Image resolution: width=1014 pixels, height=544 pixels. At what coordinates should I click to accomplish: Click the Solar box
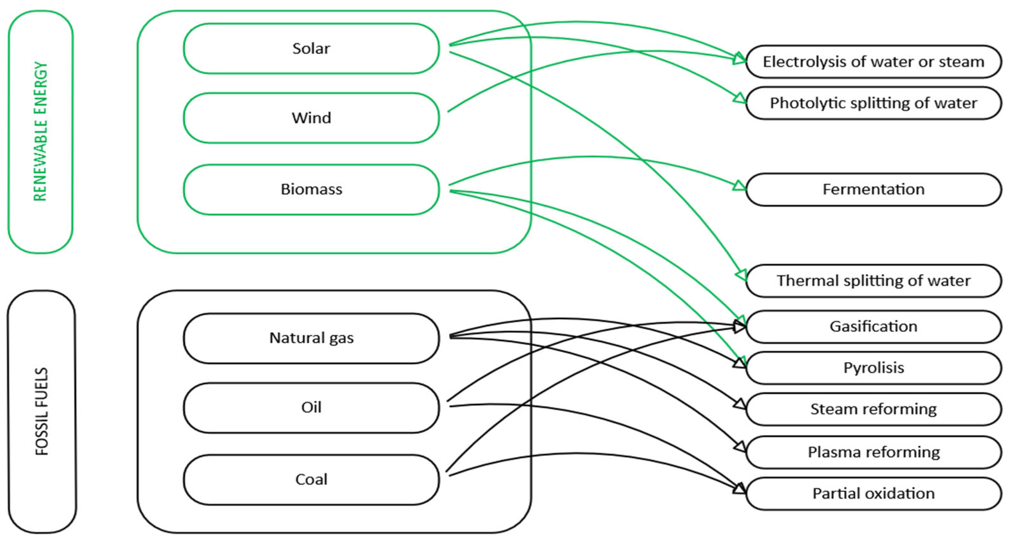(311, 48)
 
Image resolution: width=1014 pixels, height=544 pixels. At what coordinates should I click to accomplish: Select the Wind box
(311, 118)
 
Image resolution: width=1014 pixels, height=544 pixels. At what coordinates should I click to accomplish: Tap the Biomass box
(311, 189)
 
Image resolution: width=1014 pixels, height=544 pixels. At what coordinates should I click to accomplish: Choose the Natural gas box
(311, 338)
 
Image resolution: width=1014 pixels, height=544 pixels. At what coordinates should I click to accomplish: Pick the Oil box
(311, 407)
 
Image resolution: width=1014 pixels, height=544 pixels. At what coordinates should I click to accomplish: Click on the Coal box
(311, 479)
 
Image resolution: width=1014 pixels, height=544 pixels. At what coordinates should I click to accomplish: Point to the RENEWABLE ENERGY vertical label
(40, 132)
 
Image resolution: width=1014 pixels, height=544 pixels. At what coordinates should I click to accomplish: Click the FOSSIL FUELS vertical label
(42, 411)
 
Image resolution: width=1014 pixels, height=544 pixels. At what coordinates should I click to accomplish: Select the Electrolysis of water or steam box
(873, 62)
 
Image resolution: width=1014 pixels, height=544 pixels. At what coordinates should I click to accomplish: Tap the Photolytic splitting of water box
(873, 103)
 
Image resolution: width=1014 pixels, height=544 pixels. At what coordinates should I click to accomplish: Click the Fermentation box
(873, 189)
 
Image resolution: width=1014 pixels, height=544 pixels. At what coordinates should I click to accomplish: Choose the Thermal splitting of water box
(873, 281)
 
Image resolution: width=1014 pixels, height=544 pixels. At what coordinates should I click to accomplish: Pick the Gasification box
(873, 326)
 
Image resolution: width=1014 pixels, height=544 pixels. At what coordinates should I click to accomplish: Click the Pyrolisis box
(873, 368)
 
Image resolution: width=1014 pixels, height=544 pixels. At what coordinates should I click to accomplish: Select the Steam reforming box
(873, 409)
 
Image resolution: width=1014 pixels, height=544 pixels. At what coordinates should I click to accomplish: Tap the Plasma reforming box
(873, 452)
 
